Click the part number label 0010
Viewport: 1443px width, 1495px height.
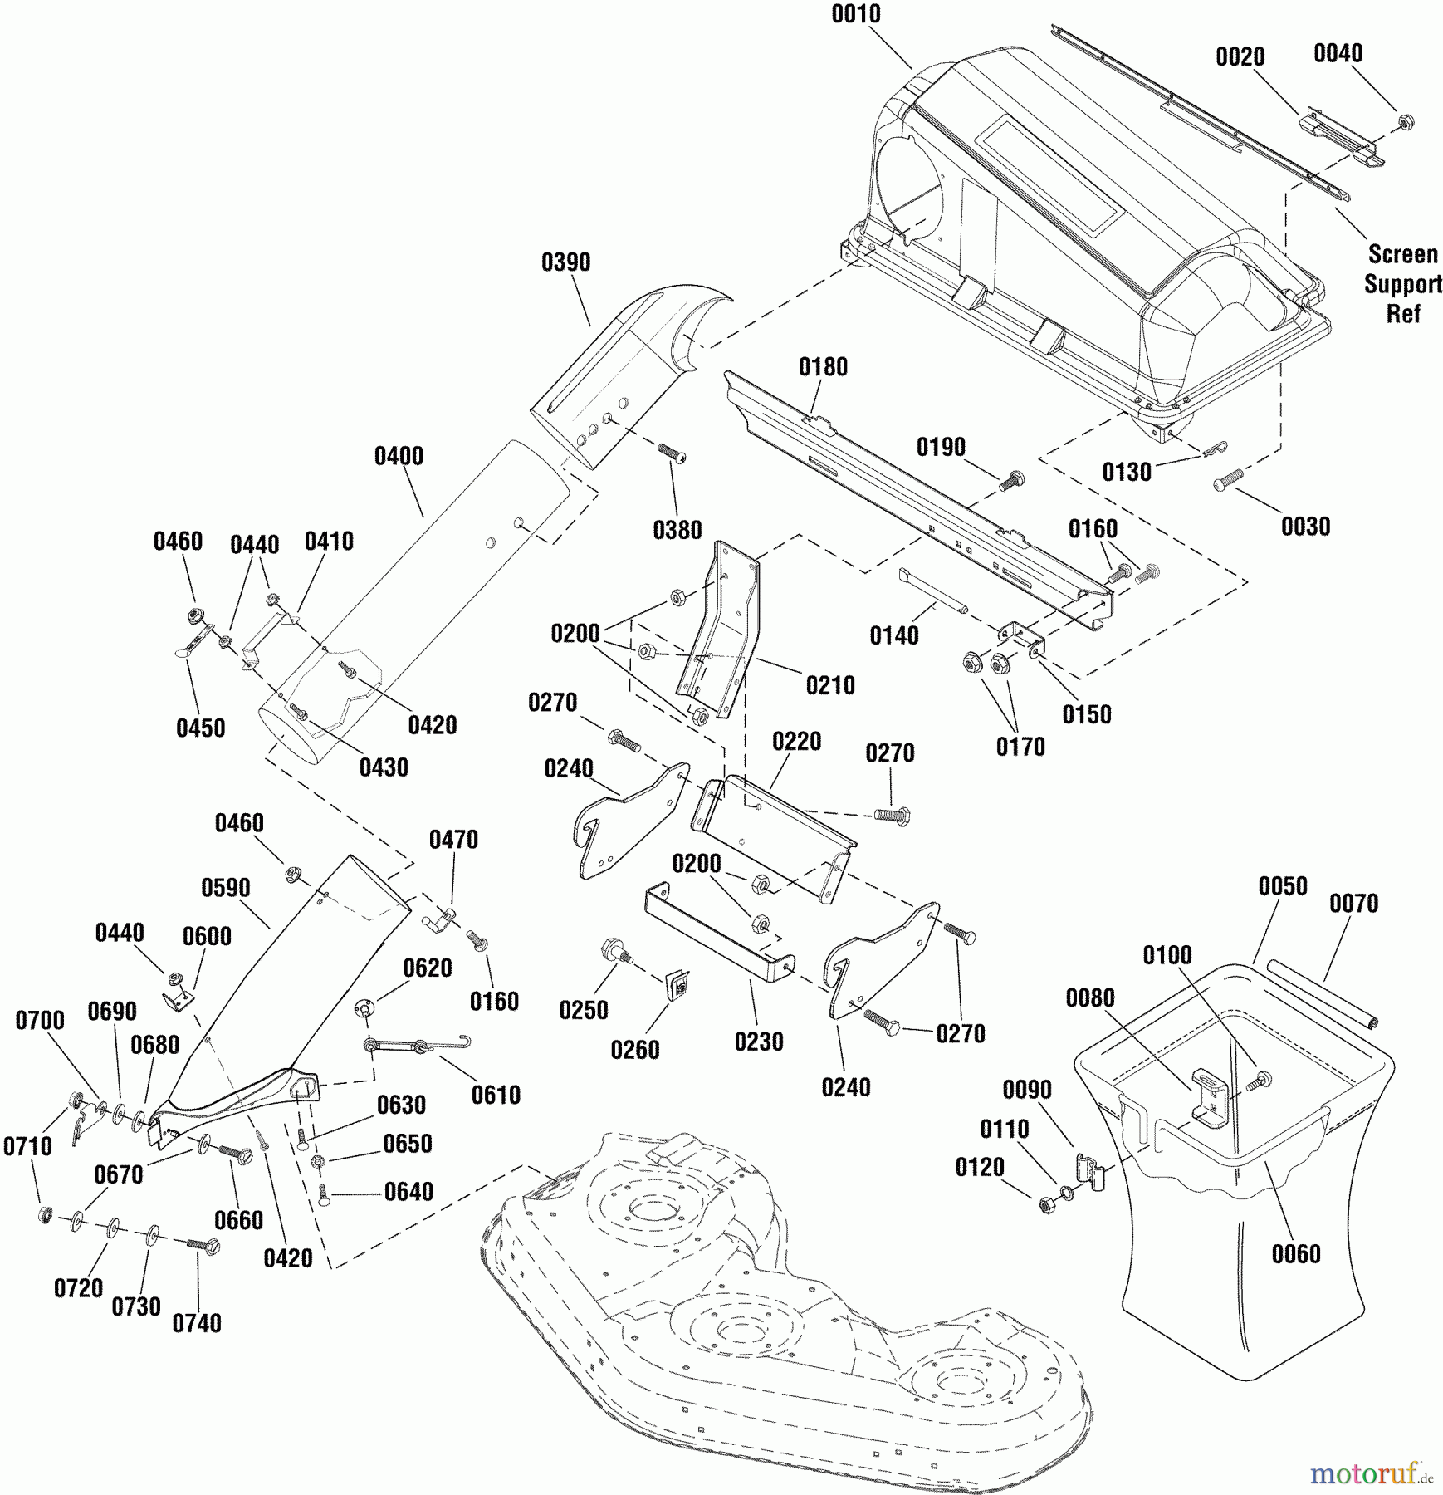click(x=856, y=15)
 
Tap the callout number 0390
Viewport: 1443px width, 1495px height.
click(x=565, y=262)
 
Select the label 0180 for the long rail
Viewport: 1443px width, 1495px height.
click(x=823, y=367)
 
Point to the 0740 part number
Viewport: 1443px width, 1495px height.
click(x=197, y=1323)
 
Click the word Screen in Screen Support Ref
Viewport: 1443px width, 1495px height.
click(x=1402, y=254)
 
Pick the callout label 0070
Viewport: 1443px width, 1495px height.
click(x=1353, y=903)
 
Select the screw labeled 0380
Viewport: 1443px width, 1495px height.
click(x=671, y=453)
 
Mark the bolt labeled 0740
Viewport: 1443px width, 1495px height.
click(x=203, y=1245)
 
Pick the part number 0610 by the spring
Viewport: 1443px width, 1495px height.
click(x=496, y=1095)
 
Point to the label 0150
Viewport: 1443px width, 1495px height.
click(x=1086, y=714)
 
